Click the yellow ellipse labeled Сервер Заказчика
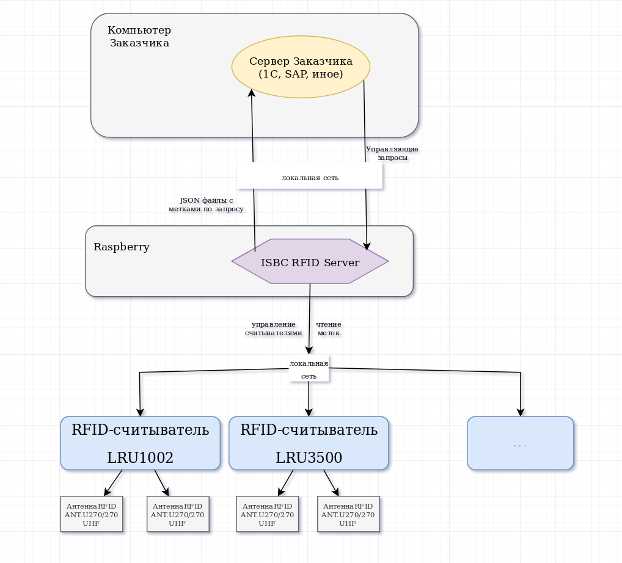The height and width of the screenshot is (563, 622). [301, 67]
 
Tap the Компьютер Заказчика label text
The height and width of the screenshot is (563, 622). [139, 37]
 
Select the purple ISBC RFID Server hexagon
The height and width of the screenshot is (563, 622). [310, 261]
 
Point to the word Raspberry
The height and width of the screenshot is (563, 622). [122, 247]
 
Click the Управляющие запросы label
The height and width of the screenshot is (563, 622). [392, 153]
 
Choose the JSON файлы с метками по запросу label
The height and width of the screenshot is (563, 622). [206, 205]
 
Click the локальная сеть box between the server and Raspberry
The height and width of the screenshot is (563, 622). [310, 177]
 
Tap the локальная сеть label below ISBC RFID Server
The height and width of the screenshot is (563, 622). [309, 369]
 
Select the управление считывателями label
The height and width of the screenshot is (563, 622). [273, 329]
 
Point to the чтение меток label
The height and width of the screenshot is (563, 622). [329, 329]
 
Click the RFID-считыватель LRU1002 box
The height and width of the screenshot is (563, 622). [140, 443]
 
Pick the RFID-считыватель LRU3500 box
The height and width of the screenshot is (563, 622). [309, 443]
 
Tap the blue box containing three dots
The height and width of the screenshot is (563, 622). [520, 443]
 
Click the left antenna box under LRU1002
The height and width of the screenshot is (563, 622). [92, 515]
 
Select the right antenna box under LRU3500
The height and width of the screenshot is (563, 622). [348, 515]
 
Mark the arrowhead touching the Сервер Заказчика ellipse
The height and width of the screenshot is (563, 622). [251, 93]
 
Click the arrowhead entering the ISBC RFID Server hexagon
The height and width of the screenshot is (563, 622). [367, 246]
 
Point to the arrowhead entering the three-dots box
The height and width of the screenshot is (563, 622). [521, 412]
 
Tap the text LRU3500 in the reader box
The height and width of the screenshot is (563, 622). [309, 458]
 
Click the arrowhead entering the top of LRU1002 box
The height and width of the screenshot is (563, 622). [140, 412]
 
